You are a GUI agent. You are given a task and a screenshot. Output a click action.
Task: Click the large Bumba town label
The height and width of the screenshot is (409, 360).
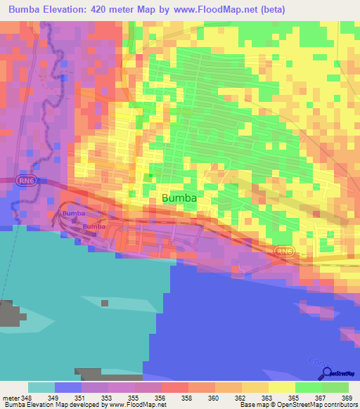179,198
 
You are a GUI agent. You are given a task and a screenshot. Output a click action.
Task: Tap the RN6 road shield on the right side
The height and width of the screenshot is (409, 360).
283,250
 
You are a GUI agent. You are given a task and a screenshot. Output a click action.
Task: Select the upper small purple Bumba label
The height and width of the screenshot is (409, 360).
73,213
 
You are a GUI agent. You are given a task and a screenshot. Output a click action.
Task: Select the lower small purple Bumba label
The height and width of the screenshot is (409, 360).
94,226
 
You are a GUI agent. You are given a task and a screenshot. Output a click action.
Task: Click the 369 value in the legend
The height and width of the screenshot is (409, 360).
347,397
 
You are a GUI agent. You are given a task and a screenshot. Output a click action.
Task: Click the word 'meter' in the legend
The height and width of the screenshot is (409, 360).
10,397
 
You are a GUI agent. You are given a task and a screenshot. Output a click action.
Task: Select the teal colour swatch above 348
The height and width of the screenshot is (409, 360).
41,387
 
